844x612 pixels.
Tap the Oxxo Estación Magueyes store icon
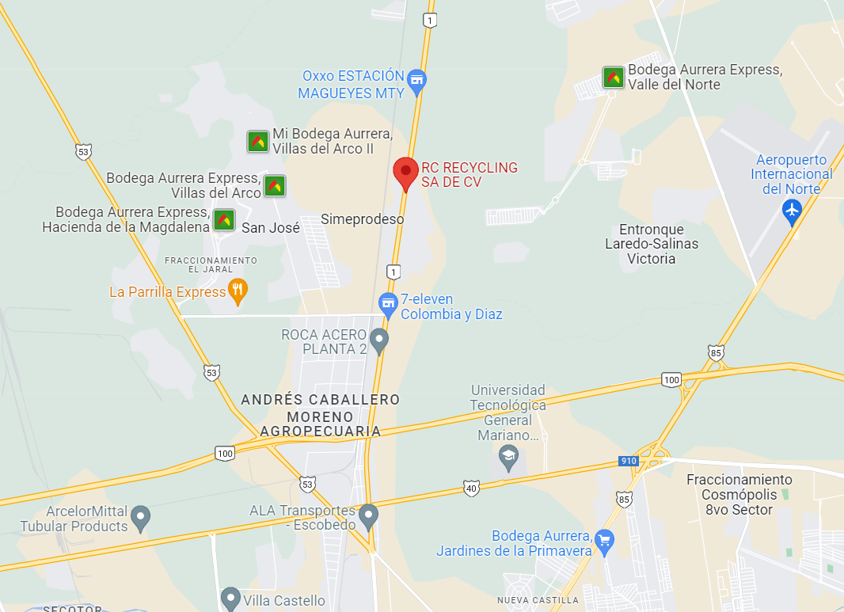coord(417,79)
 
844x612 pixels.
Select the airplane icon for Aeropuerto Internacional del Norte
coord(791,211)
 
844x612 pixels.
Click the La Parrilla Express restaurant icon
coord(238,291)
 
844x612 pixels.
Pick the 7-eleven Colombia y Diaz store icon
coord(387,302)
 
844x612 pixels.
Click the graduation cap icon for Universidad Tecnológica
coord(508,456)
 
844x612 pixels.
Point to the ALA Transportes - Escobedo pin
coord(367,516)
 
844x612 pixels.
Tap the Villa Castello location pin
coord(230,598)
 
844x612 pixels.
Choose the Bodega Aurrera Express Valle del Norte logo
coord(614,77)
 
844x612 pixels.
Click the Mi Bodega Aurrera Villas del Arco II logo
coord(257,141)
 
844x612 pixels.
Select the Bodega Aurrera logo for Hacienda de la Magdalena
coord(224,219)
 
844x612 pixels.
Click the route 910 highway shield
coord(628,461)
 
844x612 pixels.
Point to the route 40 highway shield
coord(472,488)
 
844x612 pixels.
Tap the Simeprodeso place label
coord(362,219)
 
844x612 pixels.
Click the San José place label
coord(270,228)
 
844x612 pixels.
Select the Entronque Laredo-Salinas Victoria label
coord(652,244)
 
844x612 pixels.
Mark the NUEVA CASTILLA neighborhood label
coord(537,601)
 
